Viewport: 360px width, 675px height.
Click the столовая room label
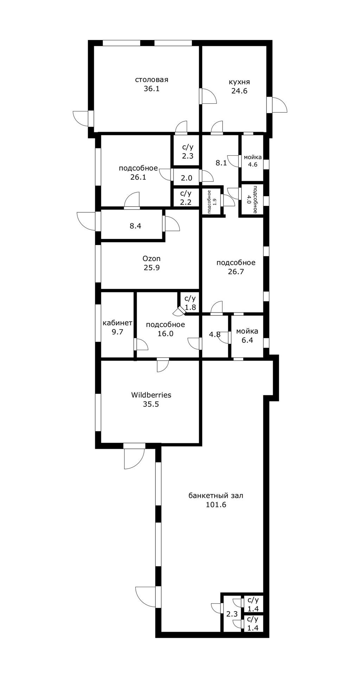152,80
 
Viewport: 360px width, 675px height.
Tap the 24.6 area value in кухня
239,91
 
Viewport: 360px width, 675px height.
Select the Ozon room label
152,258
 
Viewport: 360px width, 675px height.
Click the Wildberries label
151,395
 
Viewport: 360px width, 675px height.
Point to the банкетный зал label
216,496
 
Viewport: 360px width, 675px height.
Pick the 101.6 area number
216,505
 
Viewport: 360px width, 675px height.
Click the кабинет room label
117,323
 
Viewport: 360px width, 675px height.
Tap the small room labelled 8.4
135,226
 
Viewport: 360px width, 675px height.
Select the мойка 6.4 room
247,336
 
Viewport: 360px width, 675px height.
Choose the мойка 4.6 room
253,161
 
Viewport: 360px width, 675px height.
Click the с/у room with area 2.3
187,152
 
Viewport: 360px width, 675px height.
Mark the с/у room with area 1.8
190,303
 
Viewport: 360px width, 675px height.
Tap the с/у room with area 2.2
186,198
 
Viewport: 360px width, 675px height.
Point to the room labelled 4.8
215,334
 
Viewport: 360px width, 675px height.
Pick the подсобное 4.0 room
252,199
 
